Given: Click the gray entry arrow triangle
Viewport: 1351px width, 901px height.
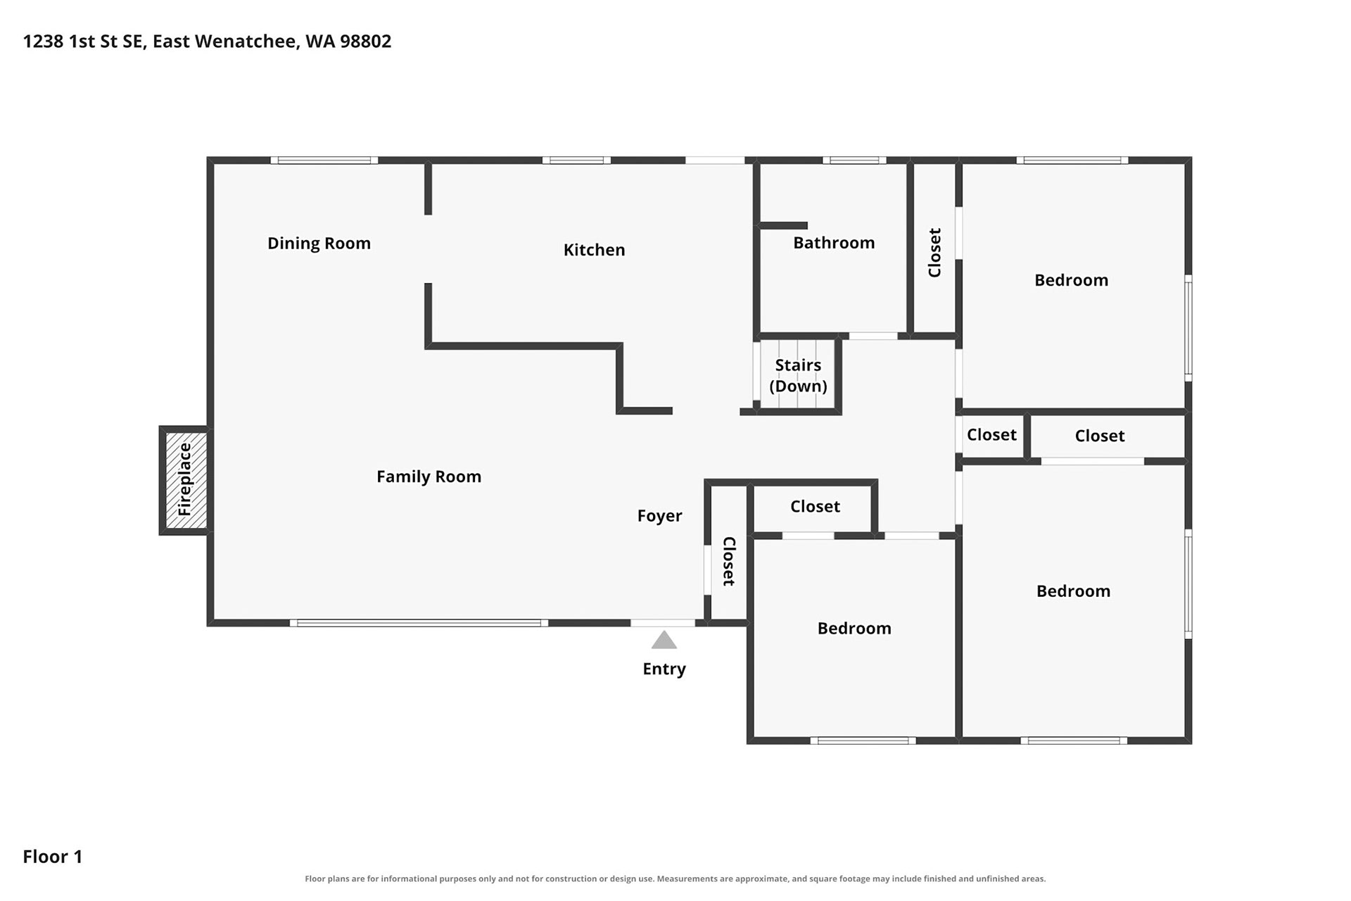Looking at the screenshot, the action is [664, 640].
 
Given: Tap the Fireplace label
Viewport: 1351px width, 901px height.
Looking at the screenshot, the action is [184, 479].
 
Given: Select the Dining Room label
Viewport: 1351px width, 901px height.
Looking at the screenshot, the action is [319, 243].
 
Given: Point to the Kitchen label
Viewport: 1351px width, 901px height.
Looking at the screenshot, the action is [594, 250].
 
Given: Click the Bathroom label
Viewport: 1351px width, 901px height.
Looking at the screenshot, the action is [834, 243].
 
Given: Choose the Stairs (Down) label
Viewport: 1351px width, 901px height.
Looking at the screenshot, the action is [798, 376].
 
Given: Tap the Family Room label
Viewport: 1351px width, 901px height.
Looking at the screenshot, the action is [429, 477].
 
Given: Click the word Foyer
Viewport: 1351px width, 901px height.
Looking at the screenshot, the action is [659, 516].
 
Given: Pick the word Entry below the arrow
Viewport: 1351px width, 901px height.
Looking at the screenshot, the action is [664, 669].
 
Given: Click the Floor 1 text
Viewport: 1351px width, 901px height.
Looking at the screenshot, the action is [53, 857].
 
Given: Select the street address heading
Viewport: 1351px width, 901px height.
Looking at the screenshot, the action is [207, 42].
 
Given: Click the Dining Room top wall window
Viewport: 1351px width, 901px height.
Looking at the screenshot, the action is [324, 160].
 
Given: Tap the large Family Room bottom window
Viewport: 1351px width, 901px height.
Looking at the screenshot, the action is [419, 623].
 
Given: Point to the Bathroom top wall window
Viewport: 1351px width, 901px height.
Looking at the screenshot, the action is [854, 160].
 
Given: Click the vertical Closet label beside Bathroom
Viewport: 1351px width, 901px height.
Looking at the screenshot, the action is [934, 252].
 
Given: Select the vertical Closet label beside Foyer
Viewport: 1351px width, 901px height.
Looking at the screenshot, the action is [728, 561].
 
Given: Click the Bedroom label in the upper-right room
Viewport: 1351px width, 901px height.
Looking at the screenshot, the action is [1071, 280].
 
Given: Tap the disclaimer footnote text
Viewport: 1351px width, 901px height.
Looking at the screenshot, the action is [675, 878].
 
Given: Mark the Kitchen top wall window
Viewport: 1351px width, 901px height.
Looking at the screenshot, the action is [576, 160].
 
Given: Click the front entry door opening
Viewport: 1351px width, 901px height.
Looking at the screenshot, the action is [663, 623].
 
